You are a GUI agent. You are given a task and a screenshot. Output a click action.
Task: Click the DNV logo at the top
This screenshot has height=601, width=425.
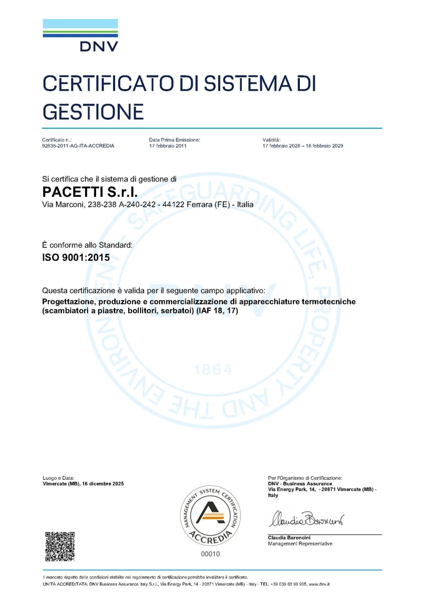pos(80,35)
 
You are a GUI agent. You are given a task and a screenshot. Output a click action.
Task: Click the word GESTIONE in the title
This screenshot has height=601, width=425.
pos(93,110)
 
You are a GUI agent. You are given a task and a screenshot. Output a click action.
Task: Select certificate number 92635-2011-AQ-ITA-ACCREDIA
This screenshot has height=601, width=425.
pos(78,146)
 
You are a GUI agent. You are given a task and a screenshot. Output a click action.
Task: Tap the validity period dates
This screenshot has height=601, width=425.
pos(302,146)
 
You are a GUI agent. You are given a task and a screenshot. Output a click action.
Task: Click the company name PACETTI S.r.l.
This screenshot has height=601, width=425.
pos(90,192)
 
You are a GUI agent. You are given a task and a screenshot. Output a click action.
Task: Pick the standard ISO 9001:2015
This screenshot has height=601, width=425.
pos(76,258)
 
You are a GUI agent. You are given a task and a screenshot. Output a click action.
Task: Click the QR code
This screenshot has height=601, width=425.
pos(60,546)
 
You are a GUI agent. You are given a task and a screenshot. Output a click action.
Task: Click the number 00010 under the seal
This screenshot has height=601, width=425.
pos(210,554)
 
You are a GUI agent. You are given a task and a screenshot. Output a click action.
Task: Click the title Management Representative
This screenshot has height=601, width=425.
pos(300,544)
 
